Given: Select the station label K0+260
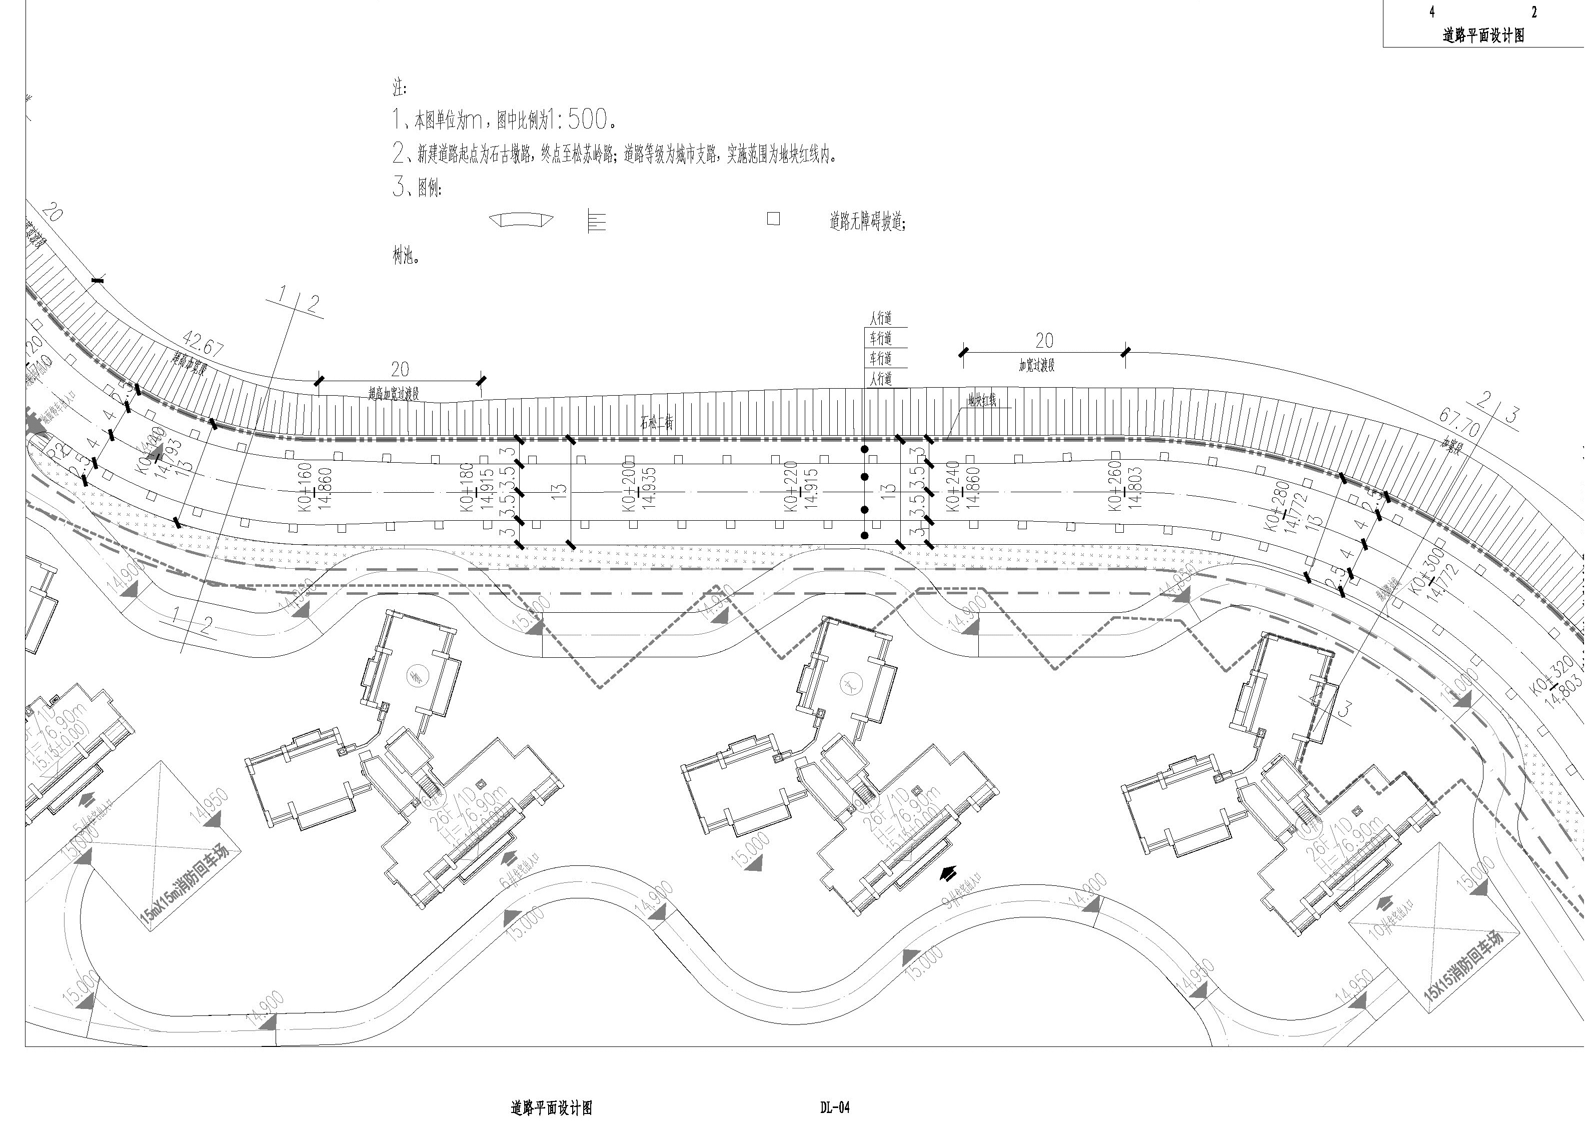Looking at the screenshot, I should click(1115, 485).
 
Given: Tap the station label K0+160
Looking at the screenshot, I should click(304, 487).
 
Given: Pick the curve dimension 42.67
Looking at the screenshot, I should click(203, 345).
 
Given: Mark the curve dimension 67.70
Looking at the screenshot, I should click(1459, 423).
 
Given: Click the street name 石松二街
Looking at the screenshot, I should click(656, 421).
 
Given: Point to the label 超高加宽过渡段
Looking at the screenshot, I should click(393, 394).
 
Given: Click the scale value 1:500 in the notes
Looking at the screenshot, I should click(575, 120).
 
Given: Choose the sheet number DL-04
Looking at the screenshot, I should click(834, 1107).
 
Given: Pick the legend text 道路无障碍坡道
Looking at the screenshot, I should click(866, 222).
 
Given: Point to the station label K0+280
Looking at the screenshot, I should click(1278, 507).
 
